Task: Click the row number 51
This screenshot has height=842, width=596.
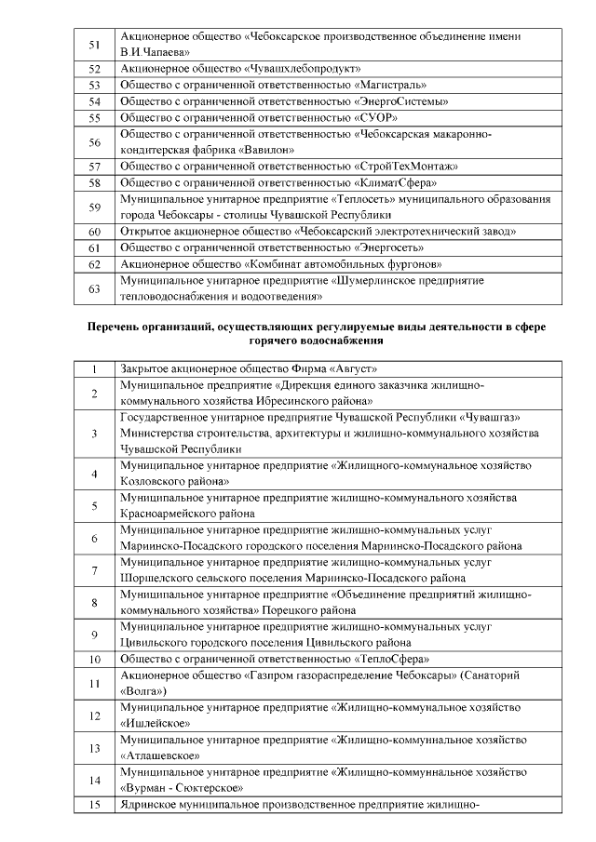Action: coord(93,44)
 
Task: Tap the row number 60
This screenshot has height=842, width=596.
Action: coord(93,231)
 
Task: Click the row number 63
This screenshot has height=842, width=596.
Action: coord(93,288)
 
